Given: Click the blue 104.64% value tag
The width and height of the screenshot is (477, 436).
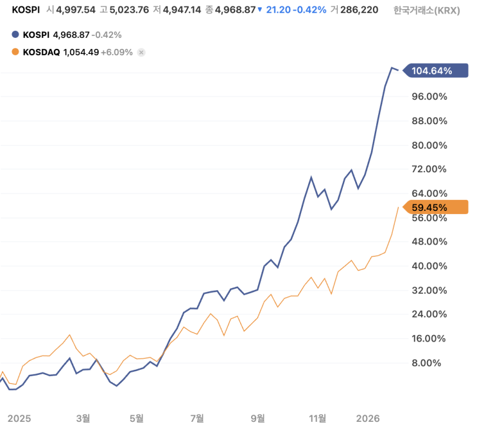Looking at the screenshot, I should pyautogui.click(x=433, y=71).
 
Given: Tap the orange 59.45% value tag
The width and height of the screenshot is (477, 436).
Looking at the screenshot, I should pyautogui.click(x=433, y=207).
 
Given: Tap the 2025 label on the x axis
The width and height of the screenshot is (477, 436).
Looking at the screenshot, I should pyautogui.click(x=19, y=418).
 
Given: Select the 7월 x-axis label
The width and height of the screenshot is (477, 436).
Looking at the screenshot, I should pyautogui.click(x=197, y=418).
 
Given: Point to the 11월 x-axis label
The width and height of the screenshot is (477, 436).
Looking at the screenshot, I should pyautogui.click(x=318, y=418).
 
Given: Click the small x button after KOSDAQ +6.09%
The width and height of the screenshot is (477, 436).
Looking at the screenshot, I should pyautogui.click(x=141, y=52).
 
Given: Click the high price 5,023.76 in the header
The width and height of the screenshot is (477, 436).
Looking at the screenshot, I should pyautogui.click(x=134, y=10).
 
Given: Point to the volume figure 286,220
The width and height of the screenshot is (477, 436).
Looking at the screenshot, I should pyautogui.click(x=360, y=10).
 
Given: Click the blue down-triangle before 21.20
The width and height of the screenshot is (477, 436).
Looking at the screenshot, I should pyautogui.click(x=259, y=10).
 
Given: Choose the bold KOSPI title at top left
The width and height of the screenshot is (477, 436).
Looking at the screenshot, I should pyautogui.click(x=26, y=10).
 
